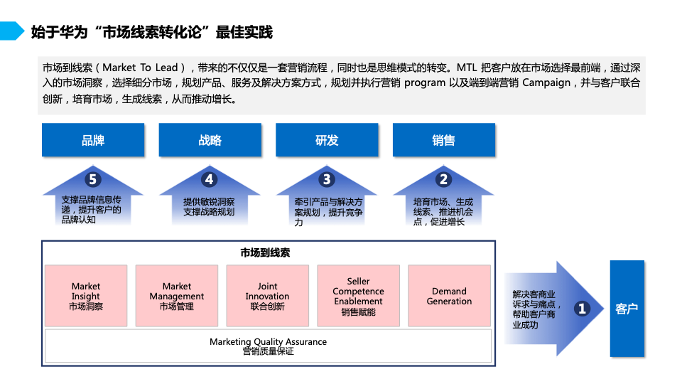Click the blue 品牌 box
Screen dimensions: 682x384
[93, 140]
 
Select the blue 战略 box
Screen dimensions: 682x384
[210, 140]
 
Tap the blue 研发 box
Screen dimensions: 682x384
[327, 140]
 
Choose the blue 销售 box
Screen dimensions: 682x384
[443, 140]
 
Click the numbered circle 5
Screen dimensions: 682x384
[92, 179]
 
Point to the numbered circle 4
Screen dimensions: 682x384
[209, 179]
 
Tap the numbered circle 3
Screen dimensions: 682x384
[327, 179]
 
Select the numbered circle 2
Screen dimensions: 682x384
[443, 179]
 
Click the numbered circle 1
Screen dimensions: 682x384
[582, 309]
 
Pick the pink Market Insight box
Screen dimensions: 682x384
[86, 296]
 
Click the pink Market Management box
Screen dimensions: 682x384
[177, 296]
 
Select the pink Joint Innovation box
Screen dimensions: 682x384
[268, 296]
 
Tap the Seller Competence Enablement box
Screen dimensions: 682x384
[358, 296]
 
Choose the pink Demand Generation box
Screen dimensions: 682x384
[449, 296]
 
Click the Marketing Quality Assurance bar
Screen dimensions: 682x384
[268, 346]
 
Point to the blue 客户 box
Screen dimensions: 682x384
[627, 309]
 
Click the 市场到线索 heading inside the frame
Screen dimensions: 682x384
[265, 252]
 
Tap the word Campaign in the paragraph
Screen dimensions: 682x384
[546, 82]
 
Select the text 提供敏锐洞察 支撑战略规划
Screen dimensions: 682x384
[209, 207]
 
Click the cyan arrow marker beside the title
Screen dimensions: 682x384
[12, 31]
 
